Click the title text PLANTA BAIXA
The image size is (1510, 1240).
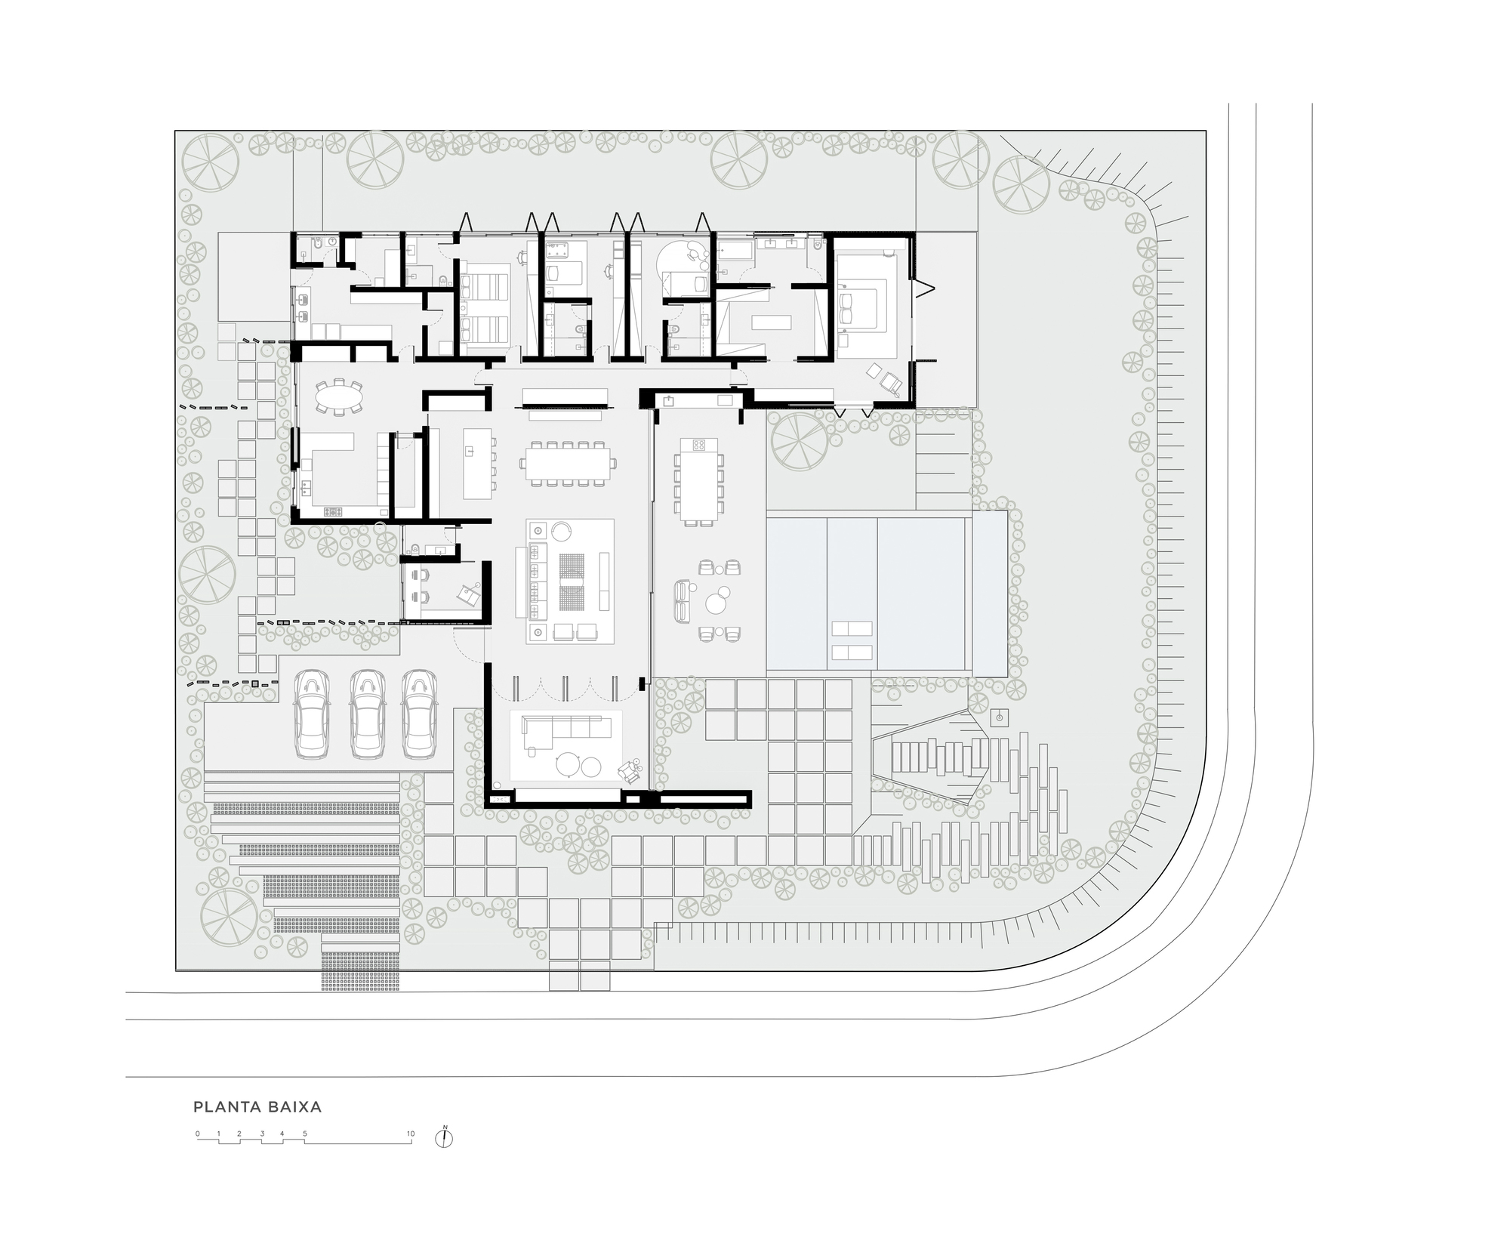tap(257, 1107)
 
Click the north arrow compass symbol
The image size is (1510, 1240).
tap(445, 1138)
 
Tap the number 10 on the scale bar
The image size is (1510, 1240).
tap(411, 1134)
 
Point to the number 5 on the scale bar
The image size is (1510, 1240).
tap(305, 1134)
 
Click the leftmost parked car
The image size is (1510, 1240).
tap(313, 714)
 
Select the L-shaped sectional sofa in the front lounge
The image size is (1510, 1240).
tap(566, 727)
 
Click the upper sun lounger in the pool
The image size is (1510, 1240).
tap(852, 628)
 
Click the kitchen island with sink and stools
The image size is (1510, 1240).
tap(477, 463)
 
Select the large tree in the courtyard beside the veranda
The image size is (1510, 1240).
tap(799, 440)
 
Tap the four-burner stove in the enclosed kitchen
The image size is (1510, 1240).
tap(334, 511)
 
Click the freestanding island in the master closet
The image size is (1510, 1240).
tap(771, 322)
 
